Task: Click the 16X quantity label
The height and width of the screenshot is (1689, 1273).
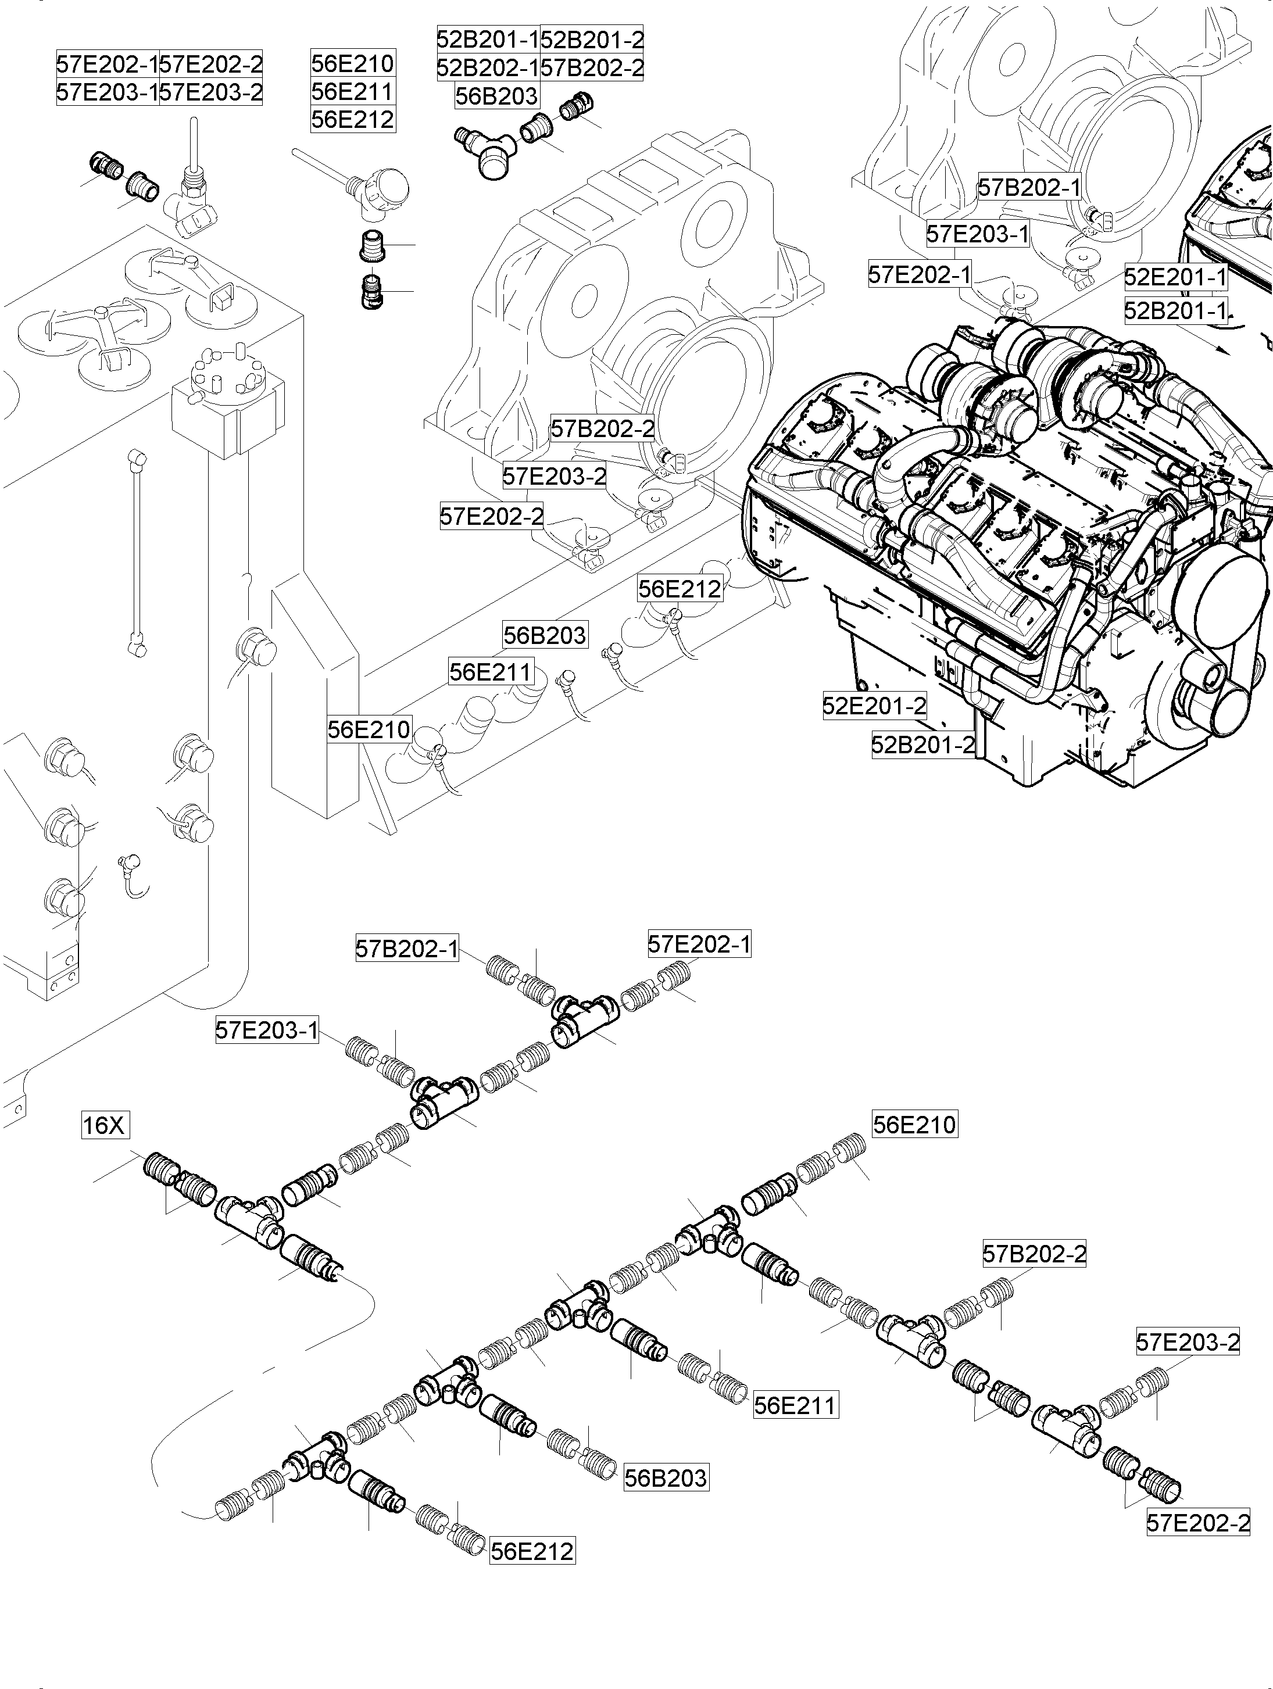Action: pos(105,1125)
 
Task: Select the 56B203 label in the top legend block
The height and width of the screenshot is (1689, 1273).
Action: pos(496,96)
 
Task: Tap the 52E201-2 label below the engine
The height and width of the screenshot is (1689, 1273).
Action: pos(874,706)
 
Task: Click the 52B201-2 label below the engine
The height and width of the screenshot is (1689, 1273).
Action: pos(923,744)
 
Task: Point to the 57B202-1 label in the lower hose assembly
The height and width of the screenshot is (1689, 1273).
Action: pos(407,949)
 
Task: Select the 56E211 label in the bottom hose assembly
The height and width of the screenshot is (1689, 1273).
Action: pos(795,1404)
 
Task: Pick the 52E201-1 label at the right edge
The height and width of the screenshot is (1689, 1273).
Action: pos(1175,277)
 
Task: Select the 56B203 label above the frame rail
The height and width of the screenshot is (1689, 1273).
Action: pos(545,635)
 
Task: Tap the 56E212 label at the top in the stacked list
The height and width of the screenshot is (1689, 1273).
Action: pos(353,119)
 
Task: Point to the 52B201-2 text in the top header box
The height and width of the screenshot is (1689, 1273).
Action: pos(592,38)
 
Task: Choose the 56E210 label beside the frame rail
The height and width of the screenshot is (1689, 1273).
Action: pos(369,729)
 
